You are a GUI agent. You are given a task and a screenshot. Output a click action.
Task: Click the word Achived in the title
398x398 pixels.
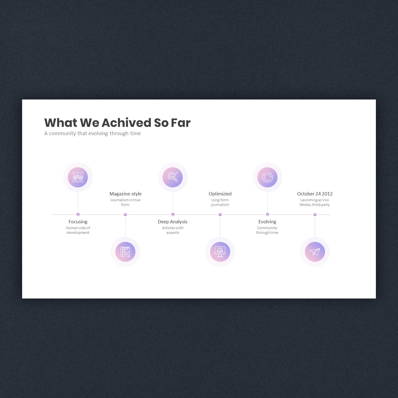coord(126,123)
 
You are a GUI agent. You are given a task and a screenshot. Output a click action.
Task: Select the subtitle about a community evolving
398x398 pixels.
coord(93,133)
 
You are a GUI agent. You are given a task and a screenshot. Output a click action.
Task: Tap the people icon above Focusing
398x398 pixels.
coord(78,177)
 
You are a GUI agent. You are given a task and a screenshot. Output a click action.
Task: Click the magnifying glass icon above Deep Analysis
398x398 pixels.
coord(173,177)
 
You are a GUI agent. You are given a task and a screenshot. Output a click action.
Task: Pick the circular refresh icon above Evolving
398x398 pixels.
coord(268,177)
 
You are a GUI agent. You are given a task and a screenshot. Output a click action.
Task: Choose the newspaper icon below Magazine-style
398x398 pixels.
coord(125,252)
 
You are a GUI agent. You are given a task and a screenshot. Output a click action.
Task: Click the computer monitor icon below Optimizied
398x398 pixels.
coord(220,252)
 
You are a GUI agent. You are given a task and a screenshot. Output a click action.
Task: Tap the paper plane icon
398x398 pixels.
coord(315,252)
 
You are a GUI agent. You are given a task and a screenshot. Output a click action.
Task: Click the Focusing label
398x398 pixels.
coord(78,222)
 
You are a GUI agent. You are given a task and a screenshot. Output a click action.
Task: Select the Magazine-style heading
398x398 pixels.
coord(125,194)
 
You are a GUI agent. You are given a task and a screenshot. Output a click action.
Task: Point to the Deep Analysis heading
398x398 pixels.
coord(173,222)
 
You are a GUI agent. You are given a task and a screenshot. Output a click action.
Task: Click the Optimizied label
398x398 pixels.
coord(220,194)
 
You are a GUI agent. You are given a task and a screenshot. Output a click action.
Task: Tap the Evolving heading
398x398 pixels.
coord(267,222)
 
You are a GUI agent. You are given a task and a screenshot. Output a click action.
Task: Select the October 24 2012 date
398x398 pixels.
coord(315,194)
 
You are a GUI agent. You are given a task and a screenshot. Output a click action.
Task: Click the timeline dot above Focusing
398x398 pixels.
coord(78,214)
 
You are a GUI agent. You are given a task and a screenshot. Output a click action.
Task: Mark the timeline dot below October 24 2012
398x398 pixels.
coord(315,214)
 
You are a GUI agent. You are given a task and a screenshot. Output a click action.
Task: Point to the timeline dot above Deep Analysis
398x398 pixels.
coord(173,214)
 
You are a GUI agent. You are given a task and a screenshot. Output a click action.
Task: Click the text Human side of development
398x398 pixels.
coord(78,230)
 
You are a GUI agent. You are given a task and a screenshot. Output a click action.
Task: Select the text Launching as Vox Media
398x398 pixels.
coord(314,202)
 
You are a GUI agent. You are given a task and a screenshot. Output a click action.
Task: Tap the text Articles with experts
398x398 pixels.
coord(173,230)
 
